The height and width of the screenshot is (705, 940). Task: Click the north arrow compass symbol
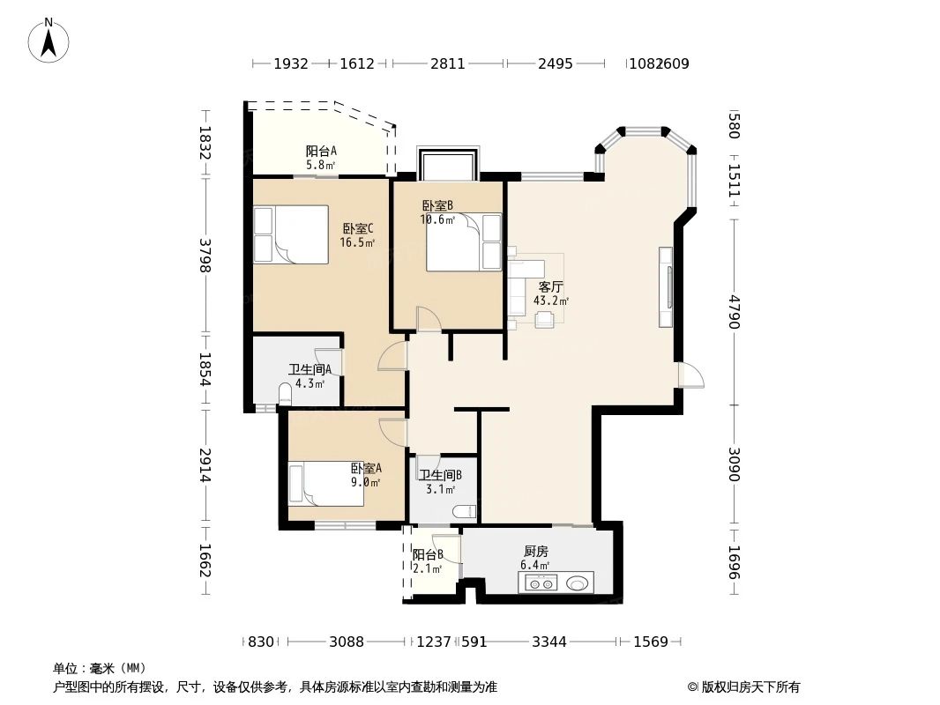[49, 40]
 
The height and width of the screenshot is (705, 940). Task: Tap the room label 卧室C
[358, 228]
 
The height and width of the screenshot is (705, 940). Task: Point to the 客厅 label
[551, 286]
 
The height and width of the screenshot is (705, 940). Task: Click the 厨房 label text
[535, 552]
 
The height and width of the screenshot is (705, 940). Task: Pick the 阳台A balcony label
[321, 151]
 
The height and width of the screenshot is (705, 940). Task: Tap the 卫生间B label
[440, 476]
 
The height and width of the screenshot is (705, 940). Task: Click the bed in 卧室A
[327, 483]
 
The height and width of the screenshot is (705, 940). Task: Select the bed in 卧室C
[291, 234]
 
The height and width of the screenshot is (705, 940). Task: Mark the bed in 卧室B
[464, 241]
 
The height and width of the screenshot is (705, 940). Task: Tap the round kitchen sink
[578, 583]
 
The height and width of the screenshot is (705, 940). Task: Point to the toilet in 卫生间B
[464, 510]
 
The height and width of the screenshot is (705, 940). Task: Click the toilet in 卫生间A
[285, 394]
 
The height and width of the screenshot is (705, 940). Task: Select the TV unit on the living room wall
[667, 286]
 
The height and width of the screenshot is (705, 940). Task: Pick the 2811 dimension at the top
[448, 63]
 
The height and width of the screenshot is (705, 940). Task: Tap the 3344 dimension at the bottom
[549, 642]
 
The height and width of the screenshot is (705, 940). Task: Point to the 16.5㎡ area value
[357, 242]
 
